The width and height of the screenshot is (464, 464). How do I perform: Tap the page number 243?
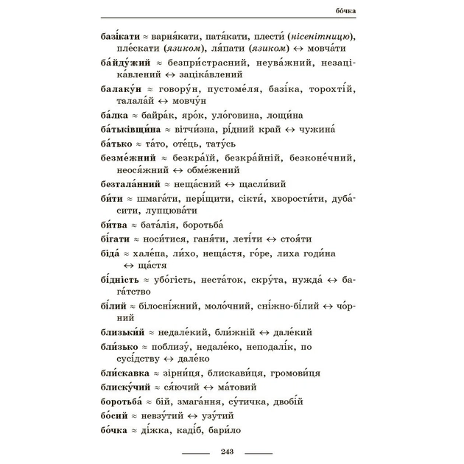(227, 450)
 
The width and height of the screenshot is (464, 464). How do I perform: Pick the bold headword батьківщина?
(133, 128)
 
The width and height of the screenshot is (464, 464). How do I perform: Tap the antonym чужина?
(323, 128)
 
